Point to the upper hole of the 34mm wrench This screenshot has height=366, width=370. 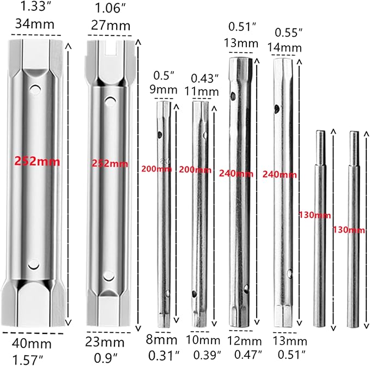(x=35, y=88)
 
